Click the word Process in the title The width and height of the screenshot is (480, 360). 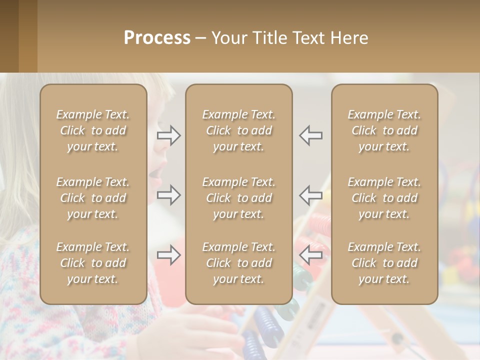pyautogui.click(x=157, y=38)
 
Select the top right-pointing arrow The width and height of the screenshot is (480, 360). pyautogui.click(x=168, y=135)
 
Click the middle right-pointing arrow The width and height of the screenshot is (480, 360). pyautogui.click(x=168, y=194)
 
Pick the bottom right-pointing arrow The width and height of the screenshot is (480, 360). pyautogui.click(x=168, y=254)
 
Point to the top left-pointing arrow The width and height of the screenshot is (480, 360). pyautogui.click(x=311, y=135)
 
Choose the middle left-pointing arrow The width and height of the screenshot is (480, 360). pyautogui.click(x=311, y=194)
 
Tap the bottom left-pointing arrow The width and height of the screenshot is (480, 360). pyautogui.click(x=311, y=254)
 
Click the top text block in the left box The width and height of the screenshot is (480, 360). pyautogui.click(x=93, y=130)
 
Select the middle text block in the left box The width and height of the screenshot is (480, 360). pyautogui.click(x=93, y=198)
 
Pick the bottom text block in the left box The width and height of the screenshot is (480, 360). pyautogui.click(x=93, y=263)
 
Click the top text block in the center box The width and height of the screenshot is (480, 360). pyautogui.click(x=238, y=130)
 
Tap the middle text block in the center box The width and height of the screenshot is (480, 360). pyautogui.click(x=238, y=198)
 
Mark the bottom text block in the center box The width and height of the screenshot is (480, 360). pyautogui.click(x=238, y=263)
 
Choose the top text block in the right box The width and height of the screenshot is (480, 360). pyautogui.click(x=384, y=130)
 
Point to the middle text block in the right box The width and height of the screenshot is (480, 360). pyautogui.click(x=384, y=198)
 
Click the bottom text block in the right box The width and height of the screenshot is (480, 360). pyautogui.click(x=384, y=263)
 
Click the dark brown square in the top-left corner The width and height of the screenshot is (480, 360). pyautogui.click(x=9, y=36)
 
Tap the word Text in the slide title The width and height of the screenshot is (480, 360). pyautogui.click(x=308, y=38)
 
